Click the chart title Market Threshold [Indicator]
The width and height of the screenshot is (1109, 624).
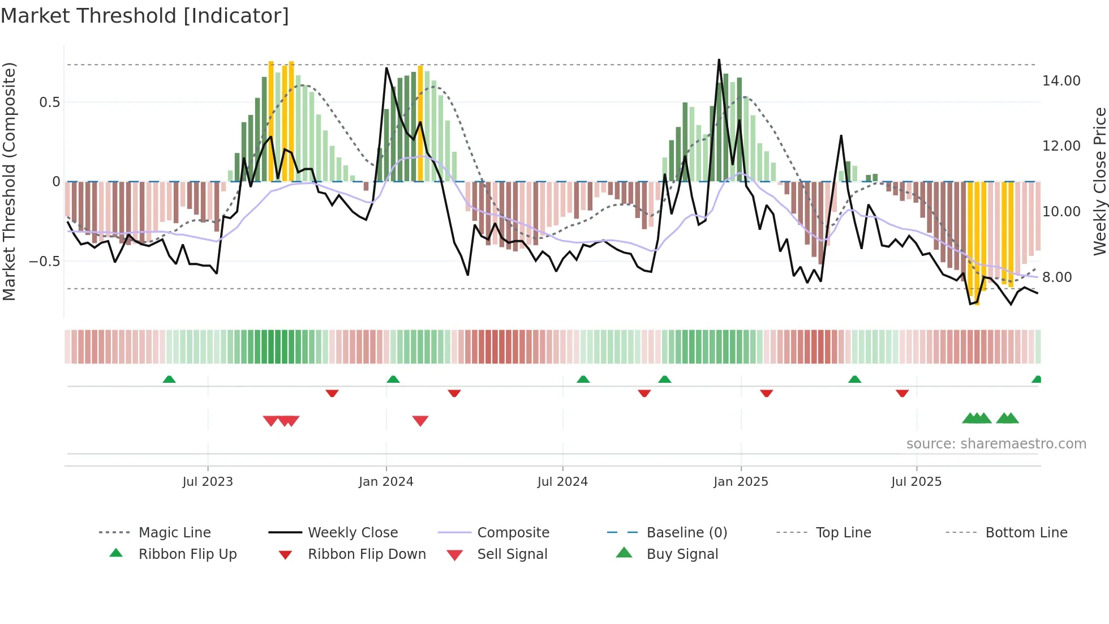pos(145,16)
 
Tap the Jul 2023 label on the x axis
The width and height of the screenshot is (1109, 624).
pos(207,481)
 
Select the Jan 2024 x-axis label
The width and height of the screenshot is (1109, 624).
pos(386,481)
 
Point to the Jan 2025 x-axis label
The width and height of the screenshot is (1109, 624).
pos(741,481)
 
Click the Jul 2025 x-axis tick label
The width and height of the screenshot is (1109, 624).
pos(916,481)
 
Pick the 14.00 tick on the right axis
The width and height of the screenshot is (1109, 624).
pos(1061,81)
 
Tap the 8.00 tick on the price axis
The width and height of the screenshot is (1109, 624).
pos(1057,277)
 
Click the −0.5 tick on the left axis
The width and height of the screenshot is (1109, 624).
pos(44,262)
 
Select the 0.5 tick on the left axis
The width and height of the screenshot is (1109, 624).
pos(49,102)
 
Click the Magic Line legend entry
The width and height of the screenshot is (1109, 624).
pos(174,532)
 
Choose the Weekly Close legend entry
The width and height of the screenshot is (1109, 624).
pos(353,532)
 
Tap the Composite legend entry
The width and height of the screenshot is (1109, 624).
pos(513,532)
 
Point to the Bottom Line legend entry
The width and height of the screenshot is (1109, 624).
pos(1026,532)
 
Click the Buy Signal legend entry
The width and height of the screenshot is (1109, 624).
pos(682,554)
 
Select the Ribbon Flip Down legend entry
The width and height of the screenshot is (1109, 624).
pos(366,554)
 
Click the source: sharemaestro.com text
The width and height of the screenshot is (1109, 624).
pos(996,443)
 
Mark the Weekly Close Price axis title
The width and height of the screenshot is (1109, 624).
pos(1099,181)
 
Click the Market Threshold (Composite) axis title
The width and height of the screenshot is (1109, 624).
pos(9,181)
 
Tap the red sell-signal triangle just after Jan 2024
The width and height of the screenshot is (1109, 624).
pos(420,421)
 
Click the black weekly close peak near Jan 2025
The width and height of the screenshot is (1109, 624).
pos(719,60)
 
